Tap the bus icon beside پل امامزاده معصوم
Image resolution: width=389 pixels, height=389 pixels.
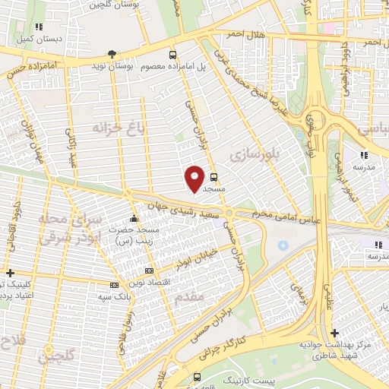click(174, 55)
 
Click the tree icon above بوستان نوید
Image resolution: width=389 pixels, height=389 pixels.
click(112, 54)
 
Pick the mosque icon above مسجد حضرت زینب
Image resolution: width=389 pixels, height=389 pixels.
click(134, 218)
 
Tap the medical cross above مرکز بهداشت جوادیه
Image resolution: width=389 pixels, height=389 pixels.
click(334, 332)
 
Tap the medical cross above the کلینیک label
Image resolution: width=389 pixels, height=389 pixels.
click(8, 273)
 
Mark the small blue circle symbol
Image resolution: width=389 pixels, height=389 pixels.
click(283, 245)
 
